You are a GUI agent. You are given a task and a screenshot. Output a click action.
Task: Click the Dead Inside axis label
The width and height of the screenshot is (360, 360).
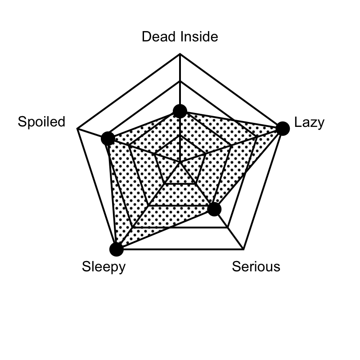[x=180, y=36]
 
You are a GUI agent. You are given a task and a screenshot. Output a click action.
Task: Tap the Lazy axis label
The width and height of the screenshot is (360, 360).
[x=309, y=122]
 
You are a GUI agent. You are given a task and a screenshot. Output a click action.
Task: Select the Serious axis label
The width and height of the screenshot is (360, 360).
[x=256, y=266]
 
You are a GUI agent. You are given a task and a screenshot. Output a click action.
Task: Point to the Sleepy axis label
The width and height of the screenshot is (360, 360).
[x=104, y=267]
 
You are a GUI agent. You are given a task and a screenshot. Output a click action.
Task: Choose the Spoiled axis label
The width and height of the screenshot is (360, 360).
[x=41, y=121]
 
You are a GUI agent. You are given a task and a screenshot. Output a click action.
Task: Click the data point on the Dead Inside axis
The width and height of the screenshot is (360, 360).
[x=180, y=111]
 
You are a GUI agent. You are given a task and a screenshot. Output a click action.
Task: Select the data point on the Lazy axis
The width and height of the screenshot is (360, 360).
[x=283, y=129]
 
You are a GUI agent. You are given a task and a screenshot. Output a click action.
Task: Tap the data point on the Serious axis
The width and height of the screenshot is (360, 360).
[x=214, y=209]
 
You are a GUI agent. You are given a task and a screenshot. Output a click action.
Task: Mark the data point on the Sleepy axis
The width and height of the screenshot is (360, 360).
[x=117, y=249]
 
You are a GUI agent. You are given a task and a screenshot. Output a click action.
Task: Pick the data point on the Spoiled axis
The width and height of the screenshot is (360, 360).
[x=108, y=139]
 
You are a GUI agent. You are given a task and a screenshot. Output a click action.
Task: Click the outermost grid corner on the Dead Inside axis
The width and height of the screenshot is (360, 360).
[x=180, y=54]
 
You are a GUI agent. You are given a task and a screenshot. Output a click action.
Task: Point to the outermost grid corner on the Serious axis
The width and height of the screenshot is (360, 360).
[x=243, y=249]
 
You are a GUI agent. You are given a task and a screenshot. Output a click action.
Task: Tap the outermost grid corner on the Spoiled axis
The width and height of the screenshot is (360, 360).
[x=77, y=129]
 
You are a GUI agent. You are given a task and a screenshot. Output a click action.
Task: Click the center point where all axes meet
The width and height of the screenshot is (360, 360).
[x=180, y=162]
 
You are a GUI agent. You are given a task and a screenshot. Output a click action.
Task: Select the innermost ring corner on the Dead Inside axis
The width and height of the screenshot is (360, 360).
[x=180, y=135]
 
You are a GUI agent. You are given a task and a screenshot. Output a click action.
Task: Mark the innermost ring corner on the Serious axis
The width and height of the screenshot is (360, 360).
[x=196, y=184]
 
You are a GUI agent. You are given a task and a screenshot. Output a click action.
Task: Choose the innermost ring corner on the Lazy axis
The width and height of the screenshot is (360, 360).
[x=206, y=154]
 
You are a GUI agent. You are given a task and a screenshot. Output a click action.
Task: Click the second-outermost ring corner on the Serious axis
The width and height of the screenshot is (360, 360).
[x=228, y=228]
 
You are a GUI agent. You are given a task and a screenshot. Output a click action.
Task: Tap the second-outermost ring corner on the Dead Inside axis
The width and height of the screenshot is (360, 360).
[x=180, y=81]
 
